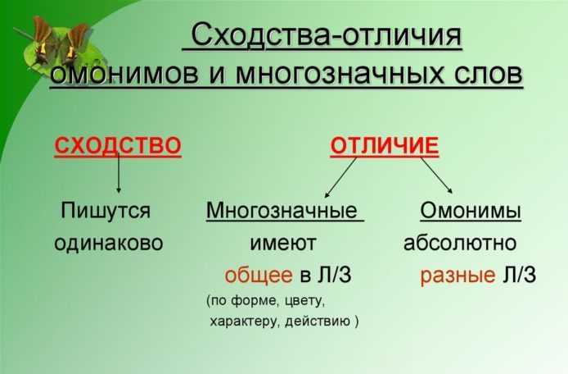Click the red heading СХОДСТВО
[x=118, y=146]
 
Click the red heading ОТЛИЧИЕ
[x=385, y=146]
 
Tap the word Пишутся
[x=106, y=211]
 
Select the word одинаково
[x=109, y=243]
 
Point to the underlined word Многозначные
[x=282, y=211]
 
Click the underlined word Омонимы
[x=471, y=211]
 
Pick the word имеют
[x=283, y=244]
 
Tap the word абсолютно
[x=460, y=243]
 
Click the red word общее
[x=259, y=276]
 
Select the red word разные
[x=458, y=276]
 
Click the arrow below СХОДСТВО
[x=119, y=173]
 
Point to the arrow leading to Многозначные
[x=340, y=177]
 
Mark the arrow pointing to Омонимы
[x=436, y=176]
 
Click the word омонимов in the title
[x=124, y=74]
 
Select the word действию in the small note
[x=318, y=322]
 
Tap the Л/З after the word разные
[x=520, y=275]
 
